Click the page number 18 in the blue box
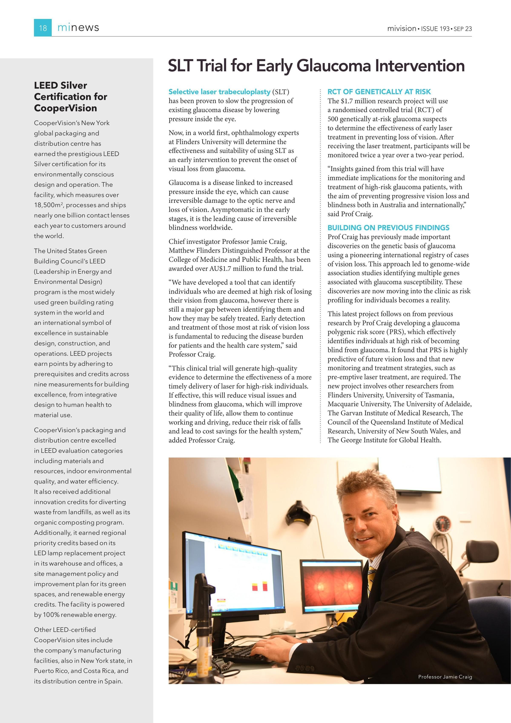click(43, 28)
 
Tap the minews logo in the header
click(78, 28)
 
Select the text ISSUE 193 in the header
click(435, 29)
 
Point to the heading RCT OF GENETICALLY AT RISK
click(379, 92)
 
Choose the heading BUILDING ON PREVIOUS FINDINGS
click(388, 228)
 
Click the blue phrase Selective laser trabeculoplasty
click(219, 92)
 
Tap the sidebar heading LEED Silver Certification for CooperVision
click(70, 97)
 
